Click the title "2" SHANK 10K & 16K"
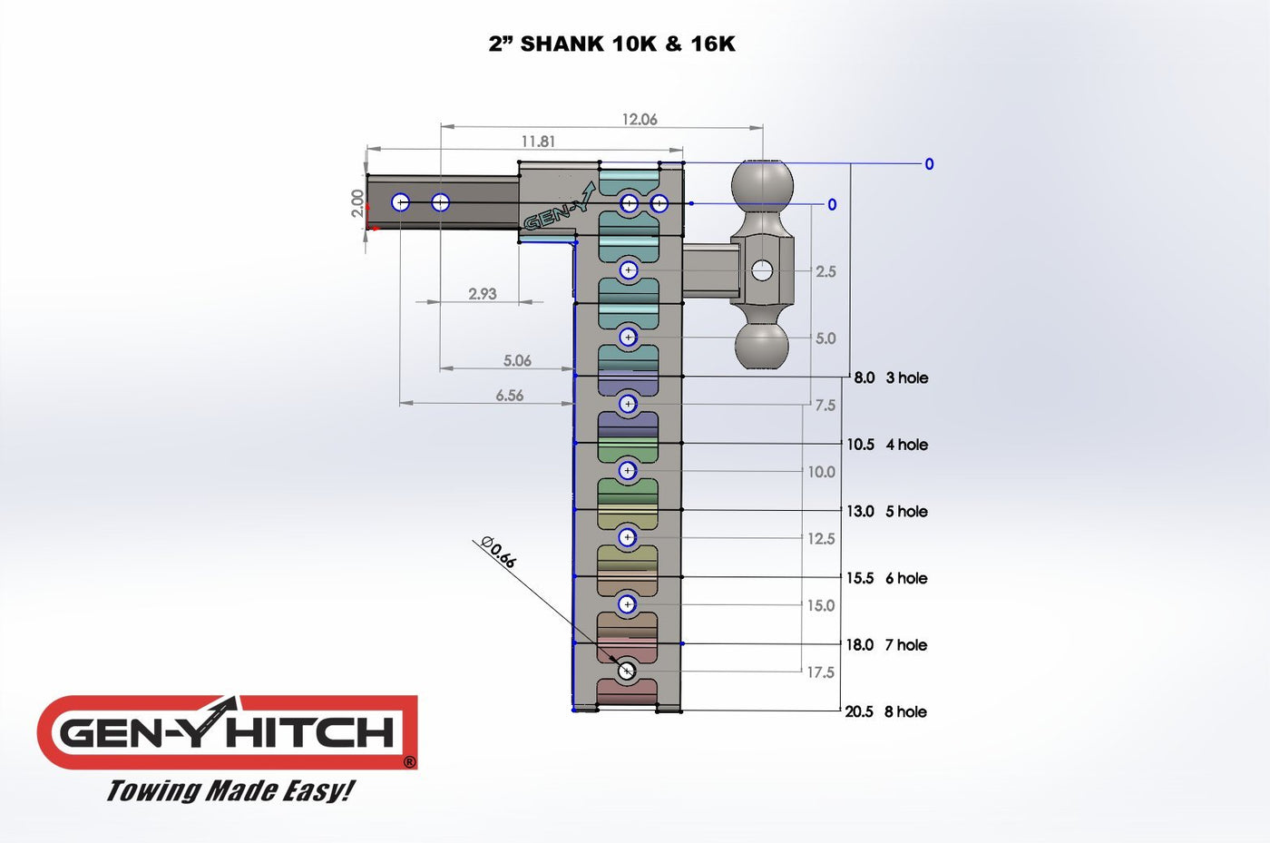pos(611,44)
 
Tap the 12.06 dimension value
pos(640,119)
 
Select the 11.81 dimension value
pos(538,142)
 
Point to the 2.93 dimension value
pos(483,294)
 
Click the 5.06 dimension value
pos(517,360)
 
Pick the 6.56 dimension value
pos(509,396)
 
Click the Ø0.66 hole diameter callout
pos(498,552)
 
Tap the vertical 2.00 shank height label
pos(357,203)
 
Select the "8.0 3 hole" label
pos(891,377)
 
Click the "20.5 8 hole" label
pos(885,711)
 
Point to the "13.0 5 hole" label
pos(887,511)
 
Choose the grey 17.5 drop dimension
pos(820,672)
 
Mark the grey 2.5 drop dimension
pos(825,271)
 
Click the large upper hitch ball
pos(762,186)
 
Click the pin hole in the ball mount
pos(762,271)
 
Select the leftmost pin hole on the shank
pos(401,202)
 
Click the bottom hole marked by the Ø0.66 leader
pos(626,671)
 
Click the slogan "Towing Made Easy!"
pos(230,790)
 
